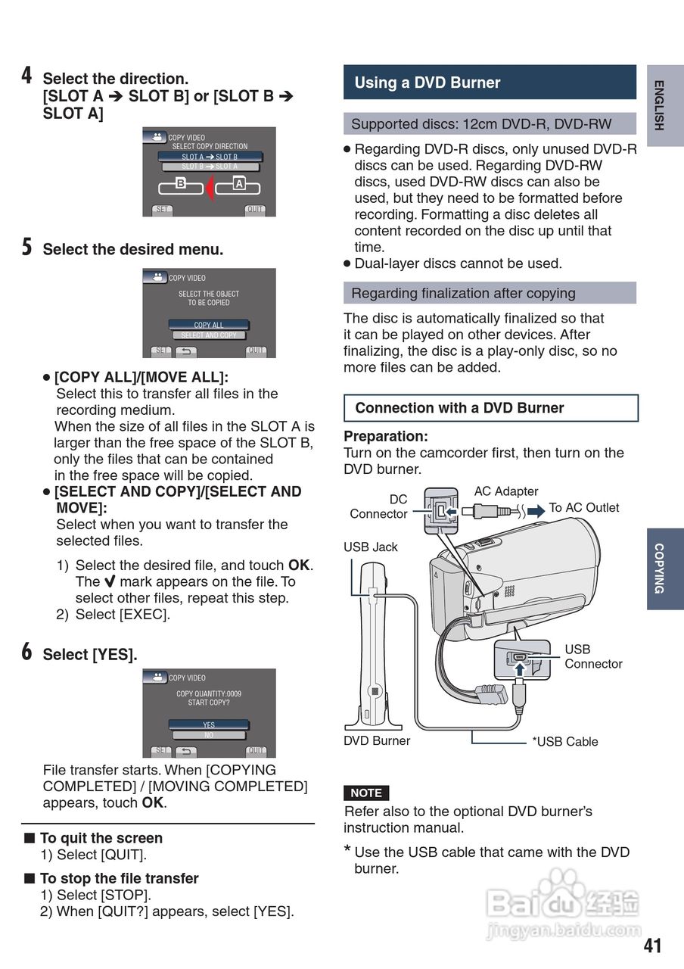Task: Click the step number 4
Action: [26, 76]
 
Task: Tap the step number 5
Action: [26, 247]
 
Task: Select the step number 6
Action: [26, 652]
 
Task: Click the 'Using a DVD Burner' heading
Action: [427, 83]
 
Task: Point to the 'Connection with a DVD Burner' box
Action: [490, 408]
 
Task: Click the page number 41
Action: [652, 946]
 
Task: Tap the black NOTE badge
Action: [366, 793]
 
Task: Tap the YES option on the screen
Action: [209, 724]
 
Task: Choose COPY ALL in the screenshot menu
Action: [209, 325]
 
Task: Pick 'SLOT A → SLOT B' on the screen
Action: [210, 157]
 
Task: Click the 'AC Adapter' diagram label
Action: [506, 491]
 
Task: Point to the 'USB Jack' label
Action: [370, 547]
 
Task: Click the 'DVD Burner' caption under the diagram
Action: [377, 740]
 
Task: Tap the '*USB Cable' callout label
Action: [564, 742]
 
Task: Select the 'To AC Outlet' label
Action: [583, 507]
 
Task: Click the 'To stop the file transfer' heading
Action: [119, 878]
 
